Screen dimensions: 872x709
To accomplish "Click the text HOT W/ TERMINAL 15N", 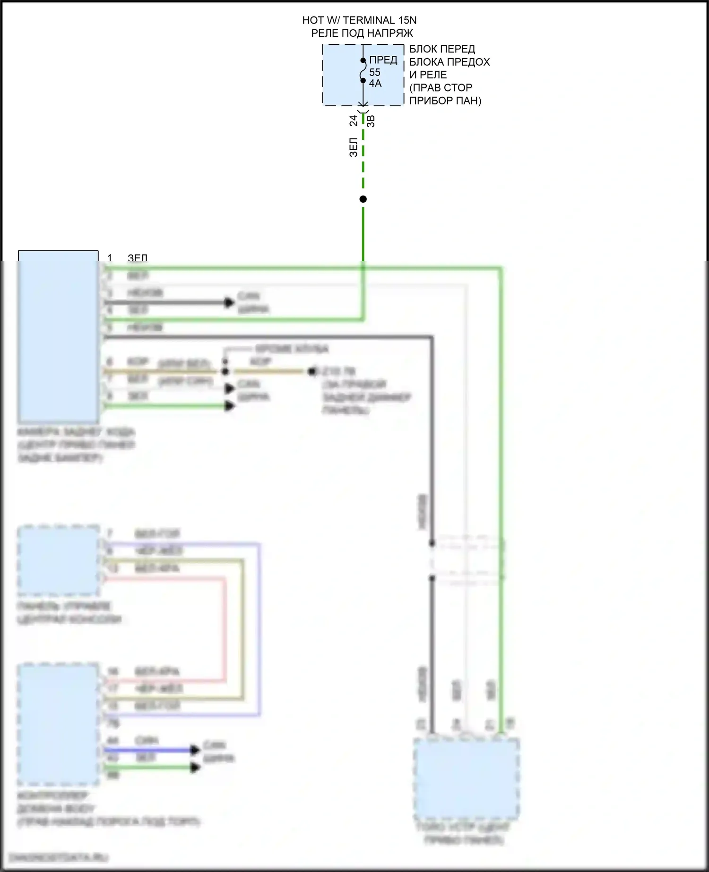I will click(359, 20).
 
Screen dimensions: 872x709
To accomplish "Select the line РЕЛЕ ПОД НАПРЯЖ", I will click(362, 33).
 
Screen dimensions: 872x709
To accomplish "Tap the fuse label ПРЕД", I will click(383, 60).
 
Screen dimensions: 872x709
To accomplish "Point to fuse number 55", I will click(374, 72).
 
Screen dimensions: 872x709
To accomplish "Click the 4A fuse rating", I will click(375, 83).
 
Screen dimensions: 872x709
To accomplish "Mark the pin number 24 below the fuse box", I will click(354, 121).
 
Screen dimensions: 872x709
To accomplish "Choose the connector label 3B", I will click(371, 121).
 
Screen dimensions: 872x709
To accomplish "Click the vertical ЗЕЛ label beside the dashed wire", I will click(354, 147).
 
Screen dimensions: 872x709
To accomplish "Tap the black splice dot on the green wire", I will click(363, 199).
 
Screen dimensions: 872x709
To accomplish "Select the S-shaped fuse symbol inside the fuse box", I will click(363, 71).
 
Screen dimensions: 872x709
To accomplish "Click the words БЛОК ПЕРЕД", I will click(442, 49).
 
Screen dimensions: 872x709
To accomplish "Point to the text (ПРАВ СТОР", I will click(441, 87).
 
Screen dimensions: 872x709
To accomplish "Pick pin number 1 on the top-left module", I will click(110, 258).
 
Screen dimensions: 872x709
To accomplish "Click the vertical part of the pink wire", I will click(225, 628).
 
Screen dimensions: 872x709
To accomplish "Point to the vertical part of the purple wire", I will click(259, 628).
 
